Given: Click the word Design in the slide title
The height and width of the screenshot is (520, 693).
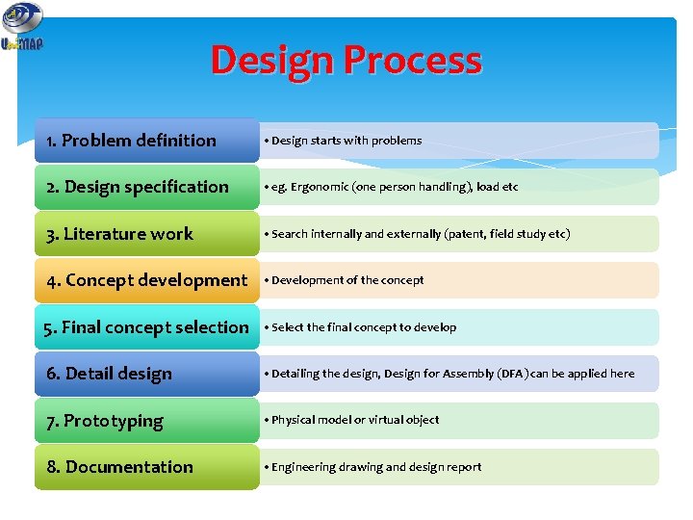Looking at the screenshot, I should (x=273, y=61).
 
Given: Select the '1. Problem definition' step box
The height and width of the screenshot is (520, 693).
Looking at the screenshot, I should (x=146, y=141).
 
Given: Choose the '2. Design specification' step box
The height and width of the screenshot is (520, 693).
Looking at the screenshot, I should (x=146, y=187).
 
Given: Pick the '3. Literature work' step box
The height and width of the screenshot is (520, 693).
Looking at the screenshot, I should (x=146, y=234).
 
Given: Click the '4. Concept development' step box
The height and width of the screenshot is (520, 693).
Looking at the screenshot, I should (x=146, y=280).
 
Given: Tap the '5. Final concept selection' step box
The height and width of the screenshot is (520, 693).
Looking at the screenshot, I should (x=146, y=327).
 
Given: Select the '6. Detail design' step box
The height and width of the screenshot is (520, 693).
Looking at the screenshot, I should (x=146, y=374).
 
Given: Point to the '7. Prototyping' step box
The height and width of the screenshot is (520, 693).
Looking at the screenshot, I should (x=146, y=421).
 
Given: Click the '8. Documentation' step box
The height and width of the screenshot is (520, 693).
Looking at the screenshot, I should (x=146, y=467).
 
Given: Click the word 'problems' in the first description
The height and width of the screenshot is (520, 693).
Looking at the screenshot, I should (x=397, y=141).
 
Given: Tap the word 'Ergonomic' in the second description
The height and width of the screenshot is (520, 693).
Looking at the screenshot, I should (x=321, y=187).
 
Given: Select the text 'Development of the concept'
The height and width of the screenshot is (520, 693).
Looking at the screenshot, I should (x=347, y=280).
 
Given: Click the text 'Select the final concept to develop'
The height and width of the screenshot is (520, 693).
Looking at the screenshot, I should (x=364, y=327).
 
